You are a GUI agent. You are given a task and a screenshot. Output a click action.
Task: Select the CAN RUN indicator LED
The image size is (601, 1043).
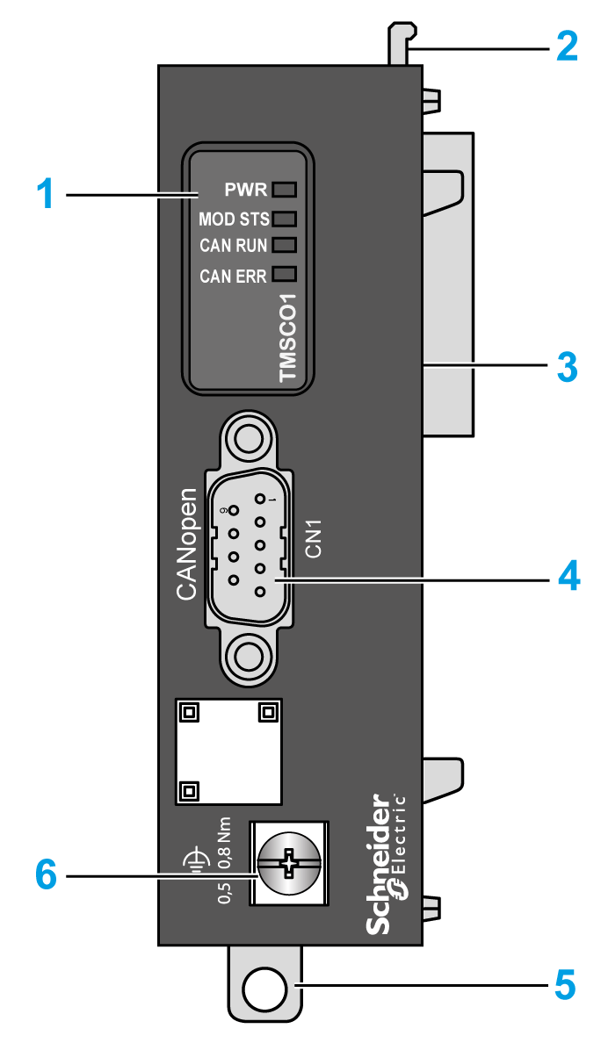(x=284, y=245)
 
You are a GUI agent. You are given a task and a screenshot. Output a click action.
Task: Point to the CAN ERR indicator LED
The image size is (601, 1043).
(x=284, y=273)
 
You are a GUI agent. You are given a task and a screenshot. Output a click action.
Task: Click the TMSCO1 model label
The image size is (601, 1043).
(x=288, y=338)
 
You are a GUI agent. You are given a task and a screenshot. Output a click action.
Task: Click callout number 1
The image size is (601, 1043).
(x=45, y=193)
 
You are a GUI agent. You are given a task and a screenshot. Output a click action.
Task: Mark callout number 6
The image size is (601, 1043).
(x=45, y=874)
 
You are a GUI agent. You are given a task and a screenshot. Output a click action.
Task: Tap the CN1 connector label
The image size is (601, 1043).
(x=314, y=537)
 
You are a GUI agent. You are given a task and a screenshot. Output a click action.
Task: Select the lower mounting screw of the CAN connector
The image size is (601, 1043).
(x=247, y=655)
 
